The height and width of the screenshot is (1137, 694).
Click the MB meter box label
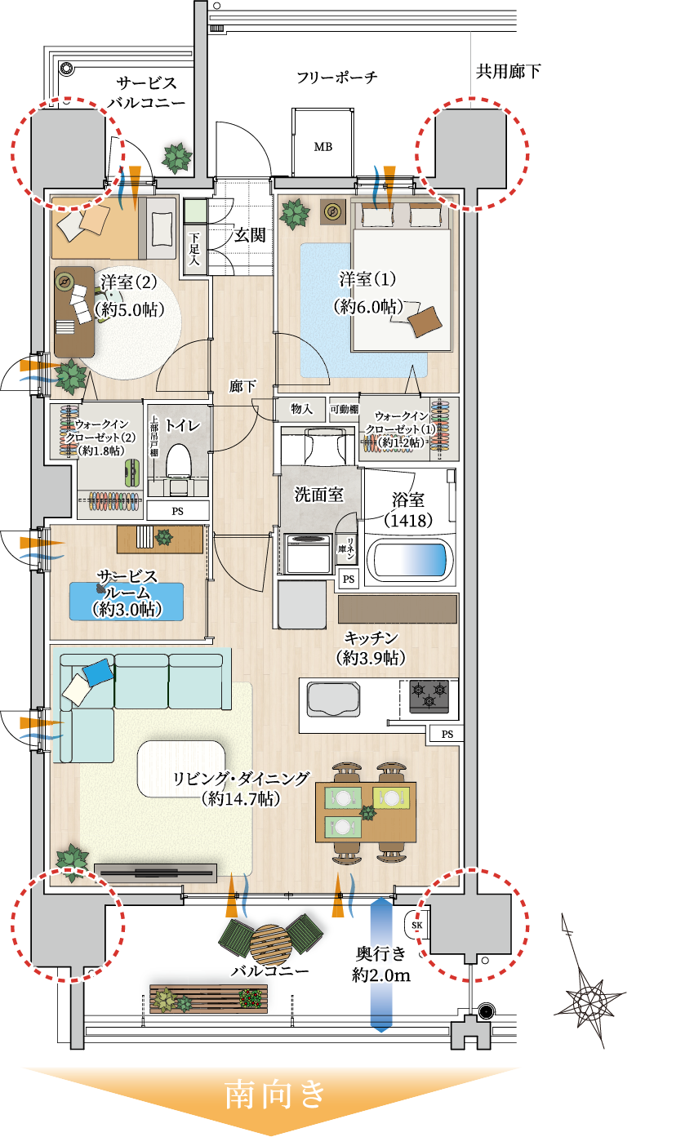click(323, 147)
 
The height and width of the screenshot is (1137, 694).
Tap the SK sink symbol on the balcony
click(416, 926)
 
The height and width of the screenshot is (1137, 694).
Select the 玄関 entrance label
click(250, 235)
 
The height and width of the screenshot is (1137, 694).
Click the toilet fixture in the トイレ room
click(177, 462)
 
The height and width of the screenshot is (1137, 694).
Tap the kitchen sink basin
click(334, 699)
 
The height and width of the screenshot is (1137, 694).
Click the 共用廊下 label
click(508, 72)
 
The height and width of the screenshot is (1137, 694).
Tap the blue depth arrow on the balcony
click(382, 963)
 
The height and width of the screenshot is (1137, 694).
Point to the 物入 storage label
click(301, 408)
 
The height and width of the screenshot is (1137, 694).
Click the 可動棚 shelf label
click(344, 408)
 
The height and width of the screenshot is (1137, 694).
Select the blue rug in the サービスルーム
click(126, 601)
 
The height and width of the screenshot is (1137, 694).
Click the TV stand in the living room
click(155, 872)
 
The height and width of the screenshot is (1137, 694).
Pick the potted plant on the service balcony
click(176, 155)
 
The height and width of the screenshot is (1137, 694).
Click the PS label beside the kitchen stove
click(447, 735)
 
